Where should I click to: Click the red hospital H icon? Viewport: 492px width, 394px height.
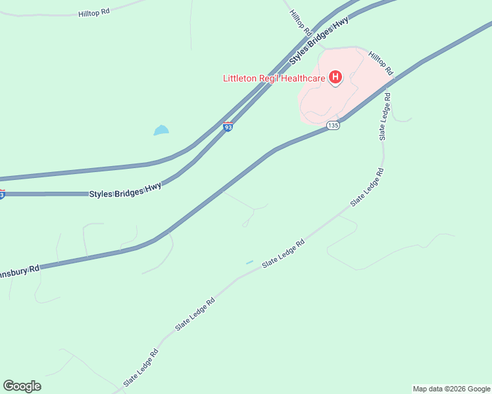click(x=335, y=78)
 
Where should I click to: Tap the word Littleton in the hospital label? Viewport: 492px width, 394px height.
click(x=242, y=79)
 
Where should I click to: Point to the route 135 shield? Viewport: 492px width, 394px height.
click(x=333, y=125)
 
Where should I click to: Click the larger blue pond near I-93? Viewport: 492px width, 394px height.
click(x=161, y=130)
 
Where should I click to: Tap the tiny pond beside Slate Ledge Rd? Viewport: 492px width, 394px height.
click(x=250, y=263)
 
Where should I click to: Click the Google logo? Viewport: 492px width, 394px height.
click(x=22, y=386)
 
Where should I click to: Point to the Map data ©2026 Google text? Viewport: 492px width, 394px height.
click(x=451, y=389)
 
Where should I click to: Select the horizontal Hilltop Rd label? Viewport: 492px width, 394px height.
click(x=93, y=12)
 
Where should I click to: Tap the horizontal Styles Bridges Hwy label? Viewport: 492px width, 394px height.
click(x=125, y=190)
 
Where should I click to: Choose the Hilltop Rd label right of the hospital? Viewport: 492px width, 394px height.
click(x=380, y=62)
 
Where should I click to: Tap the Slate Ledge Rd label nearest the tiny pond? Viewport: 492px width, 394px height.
click(x=283, y=253)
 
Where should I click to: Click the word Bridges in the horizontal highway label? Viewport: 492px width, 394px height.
click(x=130, y=190)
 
